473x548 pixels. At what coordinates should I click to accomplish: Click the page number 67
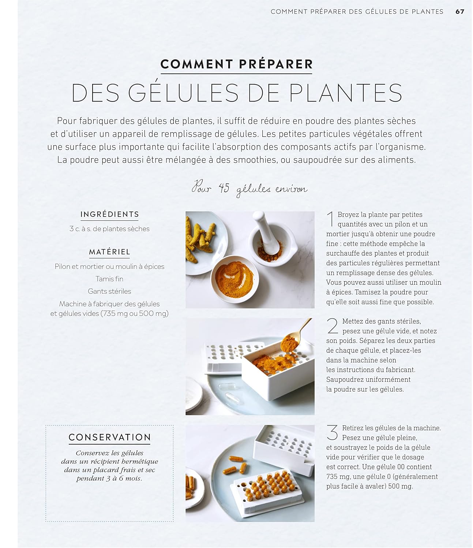point(460,12)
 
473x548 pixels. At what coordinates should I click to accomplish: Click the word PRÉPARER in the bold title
point(276,64)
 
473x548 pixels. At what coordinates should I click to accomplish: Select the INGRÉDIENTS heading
point(110,214)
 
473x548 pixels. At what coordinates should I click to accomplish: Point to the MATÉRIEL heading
point(110,252)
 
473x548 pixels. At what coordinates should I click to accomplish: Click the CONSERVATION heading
point(110,437)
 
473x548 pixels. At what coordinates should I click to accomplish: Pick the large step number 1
point(330,219)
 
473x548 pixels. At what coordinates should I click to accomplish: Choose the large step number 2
point(333,326)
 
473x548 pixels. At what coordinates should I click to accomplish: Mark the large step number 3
point(332,433)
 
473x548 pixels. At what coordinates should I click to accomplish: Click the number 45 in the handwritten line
point(224,188)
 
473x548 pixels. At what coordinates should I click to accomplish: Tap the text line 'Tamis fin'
point(109,279)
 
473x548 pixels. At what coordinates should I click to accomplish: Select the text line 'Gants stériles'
point(109,292)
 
